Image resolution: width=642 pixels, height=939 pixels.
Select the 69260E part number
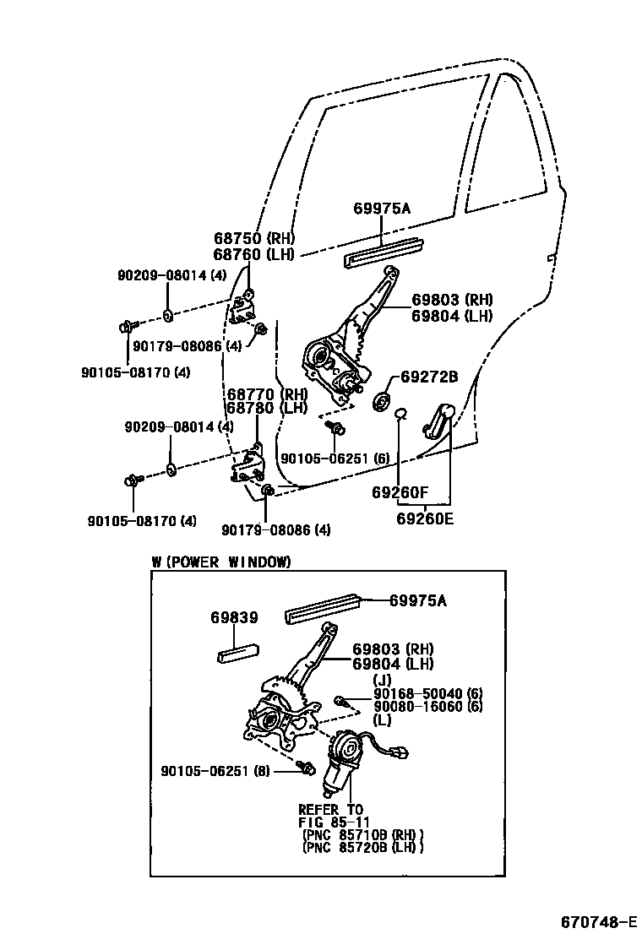(x=424, y=518)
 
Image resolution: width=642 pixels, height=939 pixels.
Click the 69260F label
(x=400, y=491)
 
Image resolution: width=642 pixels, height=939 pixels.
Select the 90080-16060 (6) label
(x=427, y=707)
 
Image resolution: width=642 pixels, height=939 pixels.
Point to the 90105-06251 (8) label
(x=215, y=770)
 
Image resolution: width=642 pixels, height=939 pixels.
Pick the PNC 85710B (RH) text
(x=363, y=834)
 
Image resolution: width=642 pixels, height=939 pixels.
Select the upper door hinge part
(x=246, y=308)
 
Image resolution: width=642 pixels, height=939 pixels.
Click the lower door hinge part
(x=248, y=466)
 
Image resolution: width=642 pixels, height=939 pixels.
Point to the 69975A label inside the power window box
(x=417, y=600)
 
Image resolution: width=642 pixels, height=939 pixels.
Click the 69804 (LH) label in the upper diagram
(x=452, y=316)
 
